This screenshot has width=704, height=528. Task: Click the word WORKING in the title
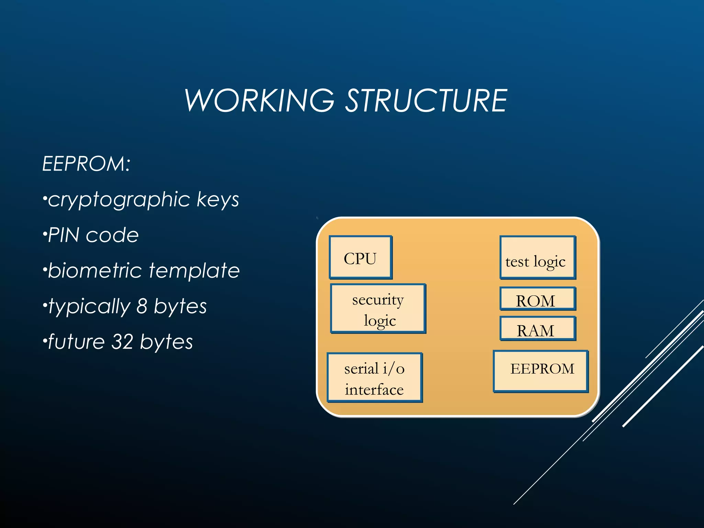tap(259, 100)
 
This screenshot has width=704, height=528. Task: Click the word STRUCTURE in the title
tap(426, 100)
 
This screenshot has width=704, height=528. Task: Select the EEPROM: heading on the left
tap(86, 164)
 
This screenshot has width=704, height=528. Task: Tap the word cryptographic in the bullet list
tap(119, 200)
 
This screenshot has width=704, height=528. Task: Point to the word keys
tap(218, 200)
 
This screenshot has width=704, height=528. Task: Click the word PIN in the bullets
tap(64, 235)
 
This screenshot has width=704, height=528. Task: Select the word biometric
tap(95, 271)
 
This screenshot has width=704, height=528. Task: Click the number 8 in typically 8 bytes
tap(142, 306)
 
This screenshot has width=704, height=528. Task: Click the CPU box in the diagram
tap(360, 257)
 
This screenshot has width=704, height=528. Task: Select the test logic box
tap(538, 257)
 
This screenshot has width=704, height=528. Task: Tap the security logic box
tap(378, 308)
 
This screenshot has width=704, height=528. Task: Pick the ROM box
tap(538, 299)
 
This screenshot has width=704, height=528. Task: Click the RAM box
tap(538, 329)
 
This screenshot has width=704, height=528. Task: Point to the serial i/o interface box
tap(375, 377)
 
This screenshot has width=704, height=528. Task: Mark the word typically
tap(89, 306)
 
